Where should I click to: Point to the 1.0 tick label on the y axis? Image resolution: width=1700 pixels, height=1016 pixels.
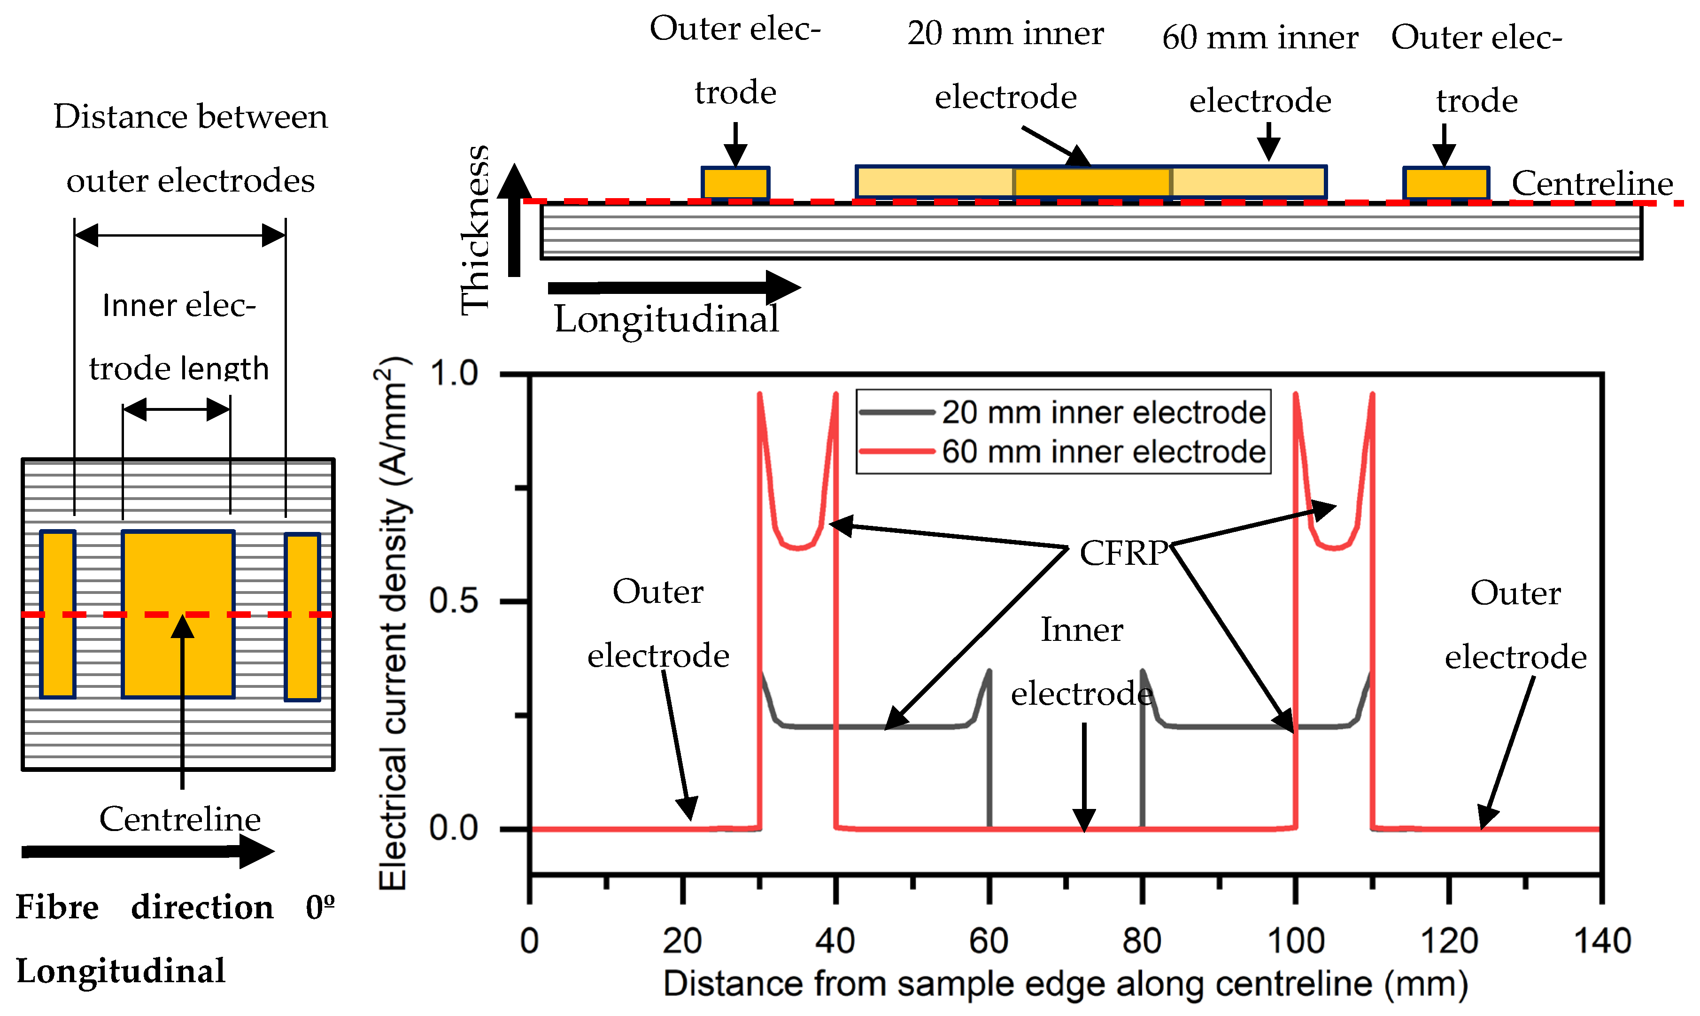pyautogui.click(x=453, y=374)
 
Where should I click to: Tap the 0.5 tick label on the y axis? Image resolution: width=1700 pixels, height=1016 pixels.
pyautogui.click(x=453, y=601)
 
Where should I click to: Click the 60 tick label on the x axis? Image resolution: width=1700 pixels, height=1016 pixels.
pyautogui.click(x=989, y=941)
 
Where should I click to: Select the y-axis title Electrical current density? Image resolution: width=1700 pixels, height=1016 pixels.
pyautogui.click(x=393, y=623)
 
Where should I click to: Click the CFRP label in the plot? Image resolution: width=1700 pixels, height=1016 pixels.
pyautogui.click(x=1123, y=553)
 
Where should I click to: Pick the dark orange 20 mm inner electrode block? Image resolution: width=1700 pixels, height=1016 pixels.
pyautogui.click(x=1091, y=182)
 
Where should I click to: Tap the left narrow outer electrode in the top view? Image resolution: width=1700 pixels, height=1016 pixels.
pyautogui.click(x=57, y=614)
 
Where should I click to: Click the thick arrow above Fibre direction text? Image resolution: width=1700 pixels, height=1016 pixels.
pyautogui.click(x=147, y=852)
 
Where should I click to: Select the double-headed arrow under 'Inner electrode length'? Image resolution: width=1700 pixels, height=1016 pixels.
pyautogui.click(x=177, y=410)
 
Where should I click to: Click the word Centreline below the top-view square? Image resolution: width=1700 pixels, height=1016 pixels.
pyautogui.click(x=179, y=819)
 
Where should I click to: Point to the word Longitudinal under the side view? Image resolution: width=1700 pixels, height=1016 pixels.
pyautogui.click(x=666, y=319)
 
